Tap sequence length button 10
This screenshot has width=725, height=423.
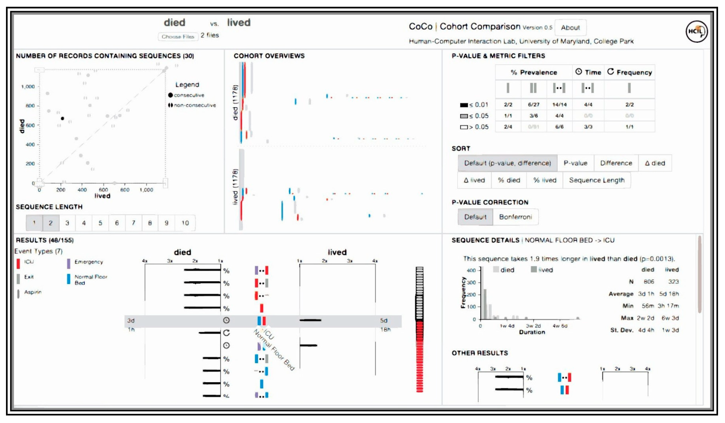[x=185, y=223]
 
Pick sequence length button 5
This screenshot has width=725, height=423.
[x=100, y=223]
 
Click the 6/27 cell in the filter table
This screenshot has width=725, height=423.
[x=533, y=105]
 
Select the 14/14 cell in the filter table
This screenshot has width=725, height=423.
[x=559, y=105]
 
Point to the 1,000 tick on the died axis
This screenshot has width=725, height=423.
[x=28, y=86]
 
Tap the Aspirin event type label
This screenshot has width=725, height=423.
[x=32, y=292]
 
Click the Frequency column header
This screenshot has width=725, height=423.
[x=630, y=72]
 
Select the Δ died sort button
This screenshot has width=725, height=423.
[x=655, y=163]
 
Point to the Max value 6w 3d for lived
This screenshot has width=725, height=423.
[x=670, y=318]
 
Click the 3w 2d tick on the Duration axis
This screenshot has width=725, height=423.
[x=533, y=326]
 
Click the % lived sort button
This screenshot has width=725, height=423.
[x=545, y=180]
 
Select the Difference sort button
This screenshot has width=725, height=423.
[x=616, y=163]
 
